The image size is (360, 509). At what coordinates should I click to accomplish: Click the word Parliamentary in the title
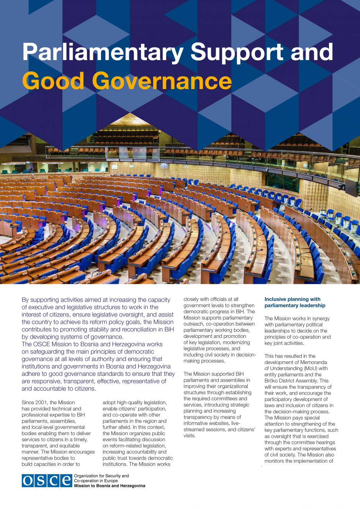103,52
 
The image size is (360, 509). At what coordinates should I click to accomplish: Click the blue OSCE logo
47,481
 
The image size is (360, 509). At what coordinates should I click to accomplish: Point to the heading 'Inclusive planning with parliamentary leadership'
295,302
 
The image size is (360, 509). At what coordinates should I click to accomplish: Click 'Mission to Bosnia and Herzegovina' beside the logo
110,486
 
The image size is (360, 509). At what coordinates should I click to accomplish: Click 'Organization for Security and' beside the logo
101,476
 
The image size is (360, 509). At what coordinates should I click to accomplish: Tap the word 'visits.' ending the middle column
189,436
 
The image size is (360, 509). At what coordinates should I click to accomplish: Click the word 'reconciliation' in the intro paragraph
148,330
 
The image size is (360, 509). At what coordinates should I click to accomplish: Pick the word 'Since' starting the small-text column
28,403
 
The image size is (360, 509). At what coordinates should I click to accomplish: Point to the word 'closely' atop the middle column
191,299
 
